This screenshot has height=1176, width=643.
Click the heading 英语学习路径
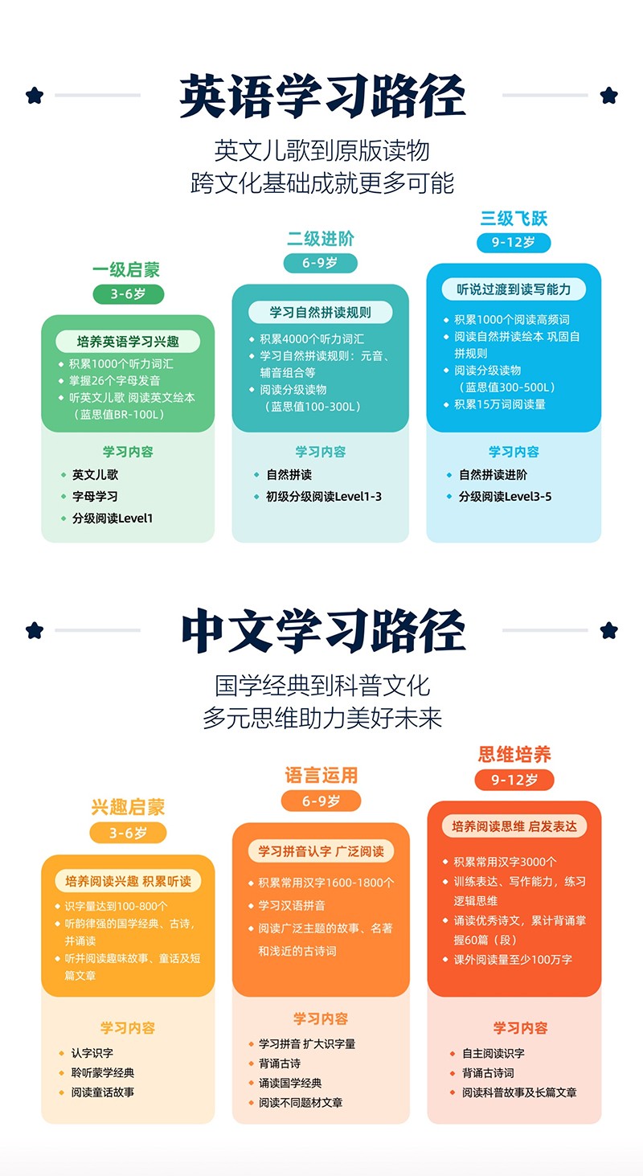point(321,96)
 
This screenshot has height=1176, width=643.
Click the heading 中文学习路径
point(323,630)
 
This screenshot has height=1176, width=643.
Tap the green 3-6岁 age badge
point(129,294)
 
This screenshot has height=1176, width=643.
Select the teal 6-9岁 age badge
point(320,263)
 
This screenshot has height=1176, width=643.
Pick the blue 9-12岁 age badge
point(514,243)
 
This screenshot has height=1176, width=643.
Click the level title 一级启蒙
point(126,270)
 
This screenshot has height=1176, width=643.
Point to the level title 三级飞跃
point(514,219)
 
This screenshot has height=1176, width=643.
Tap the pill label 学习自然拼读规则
point(320,313)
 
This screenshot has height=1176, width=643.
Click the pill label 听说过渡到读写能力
point(514,289)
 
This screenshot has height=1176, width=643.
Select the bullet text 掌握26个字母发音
point(115,381)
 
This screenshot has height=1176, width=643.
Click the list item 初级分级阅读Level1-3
point(324,497)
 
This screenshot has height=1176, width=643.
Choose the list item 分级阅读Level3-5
point(505,497)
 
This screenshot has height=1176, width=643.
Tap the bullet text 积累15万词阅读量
point(500,404)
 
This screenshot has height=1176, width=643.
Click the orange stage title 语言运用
point(321,776)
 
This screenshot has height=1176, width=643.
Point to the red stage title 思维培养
point(514,755)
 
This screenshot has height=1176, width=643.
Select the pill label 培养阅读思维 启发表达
point(514,826)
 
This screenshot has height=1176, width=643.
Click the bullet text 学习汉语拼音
point(292,906)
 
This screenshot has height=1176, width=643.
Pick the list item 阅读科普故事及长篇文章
point(519,1092)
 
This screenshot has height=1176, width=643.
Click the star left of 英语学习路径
point(35,96)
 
